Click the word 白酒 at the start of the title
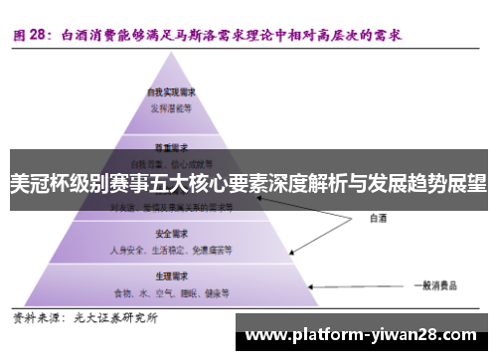[x=75, y=34]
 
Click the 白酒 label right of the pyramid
[x=379, y=216]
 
